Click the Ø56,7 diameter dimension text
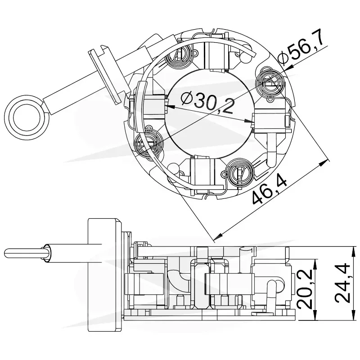(301, 47)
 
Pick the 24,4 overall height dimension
(342, 283)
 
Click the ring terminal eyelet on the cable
(27, 117)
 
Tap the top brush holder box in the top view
(216, 55)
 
